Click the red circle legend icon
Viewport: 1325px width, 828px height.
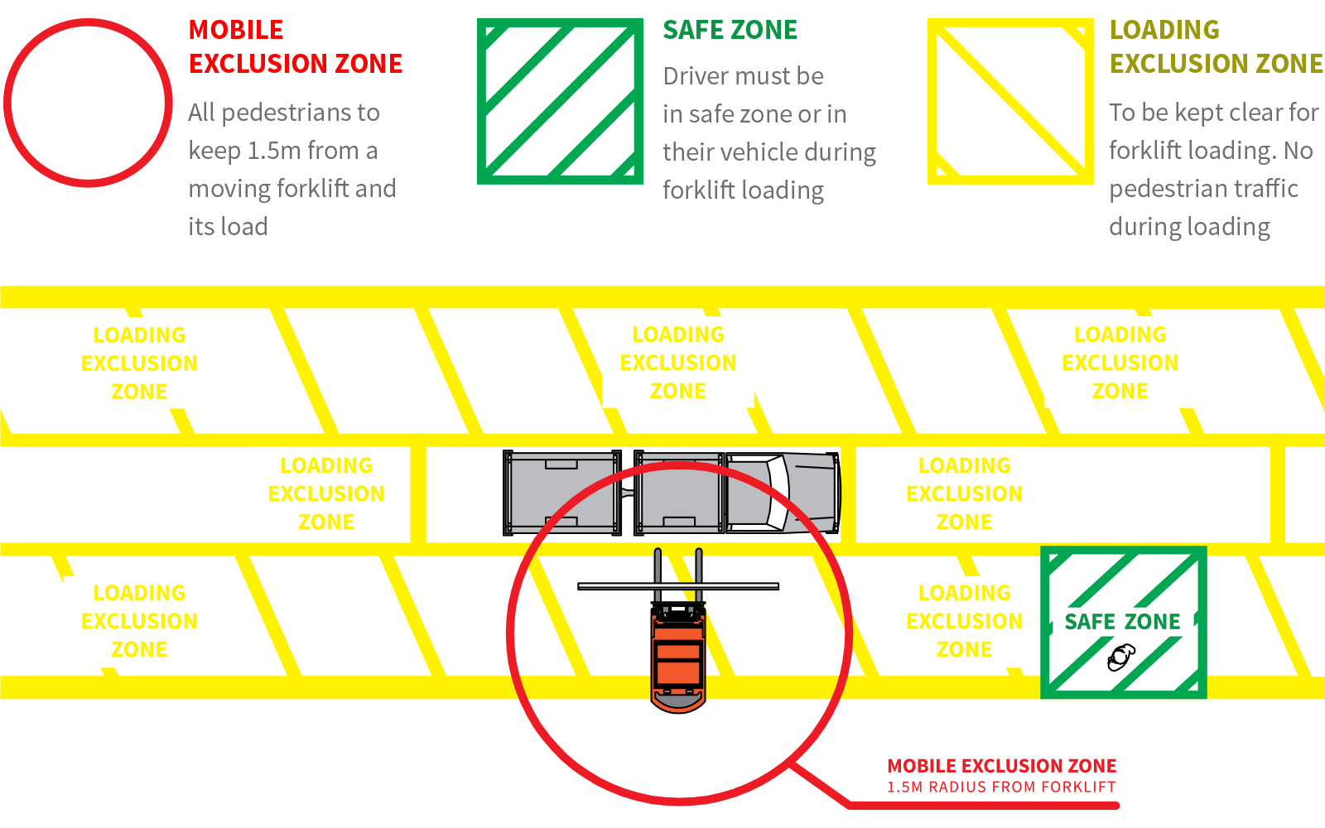pos(88,103)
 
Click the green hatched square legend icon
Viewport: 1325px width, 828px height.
pos(560,101)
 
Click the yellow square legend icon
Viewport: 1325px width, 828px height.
pos(1010,101)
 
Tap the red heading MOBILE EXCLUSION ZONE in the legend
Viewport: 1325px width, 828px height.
pos(295,46)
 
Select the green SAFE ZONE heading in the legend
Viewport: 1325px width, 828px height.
pos(730,31)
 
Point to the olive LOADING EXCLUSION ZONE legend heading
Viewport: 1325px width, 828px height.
pos(1216,46)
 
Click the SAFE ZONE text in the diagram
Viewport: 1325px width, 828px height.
pos(1122,622)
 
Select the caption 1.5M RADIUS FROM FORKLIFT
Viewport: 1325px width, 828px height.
pos(1001,787)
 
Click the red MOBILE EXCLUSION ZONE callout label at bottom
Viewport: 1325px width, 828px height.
pos(1001,766)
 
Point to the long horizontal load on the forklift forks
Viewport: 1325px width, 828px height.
pos(678,586)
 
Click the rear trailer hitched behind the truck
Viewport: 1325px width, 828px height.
pos(562,493)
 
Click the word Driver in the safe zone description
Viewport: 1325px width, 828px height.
pos(701,76)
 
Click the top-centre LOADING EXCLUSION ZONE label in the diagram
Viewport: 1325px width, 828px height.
pos(678,363)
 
